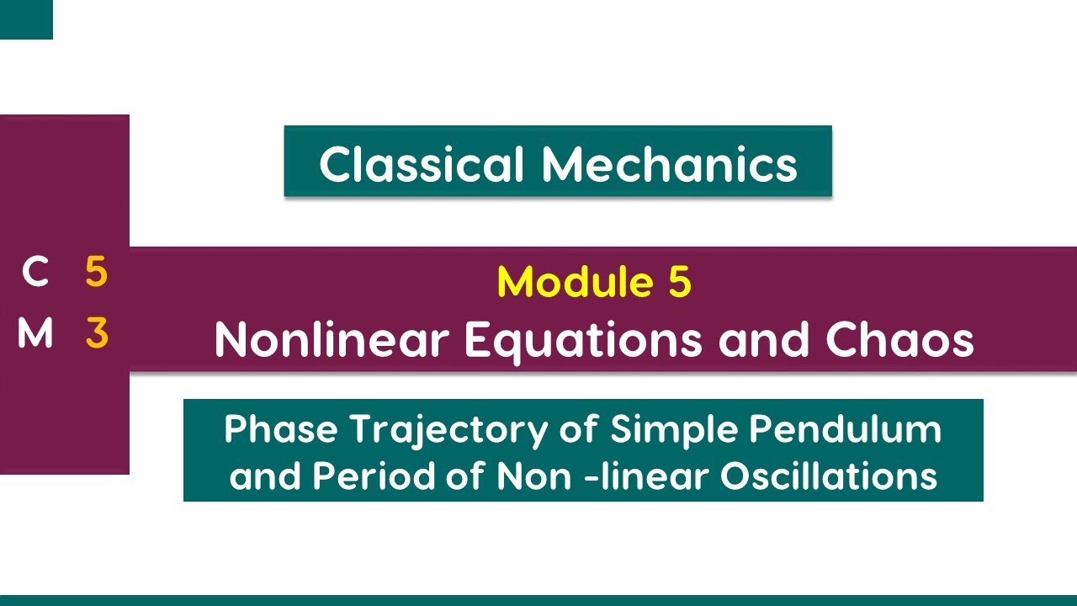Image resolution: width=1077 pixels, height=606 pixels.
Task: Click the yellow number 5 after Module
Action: (x=680, y=282)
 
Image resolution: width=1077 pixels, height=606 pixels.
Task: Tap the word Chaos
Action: (x=899, y=339)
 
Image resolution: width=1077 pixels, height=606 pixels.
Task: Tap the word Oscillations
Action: (x=828, y=477)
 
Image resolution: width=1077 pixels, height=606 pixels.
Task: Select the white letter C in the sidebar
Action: (x=35, y=273)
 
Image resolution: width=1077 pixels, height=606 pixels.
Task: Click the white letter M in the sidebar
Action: (x=35, y=334)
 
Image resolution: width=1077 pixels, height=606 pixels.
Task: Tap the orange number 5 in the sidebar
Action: (x=96, y=273)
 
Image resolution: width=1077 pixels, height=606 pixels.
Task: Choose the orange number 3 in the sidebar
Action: (x=97, y=334)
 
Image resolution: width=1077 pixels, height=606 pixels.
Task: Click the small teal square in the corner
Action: (x=26, y=19)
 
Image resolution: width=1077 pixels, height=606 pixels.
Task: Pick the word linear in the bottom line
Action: (x=655, y=477)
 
